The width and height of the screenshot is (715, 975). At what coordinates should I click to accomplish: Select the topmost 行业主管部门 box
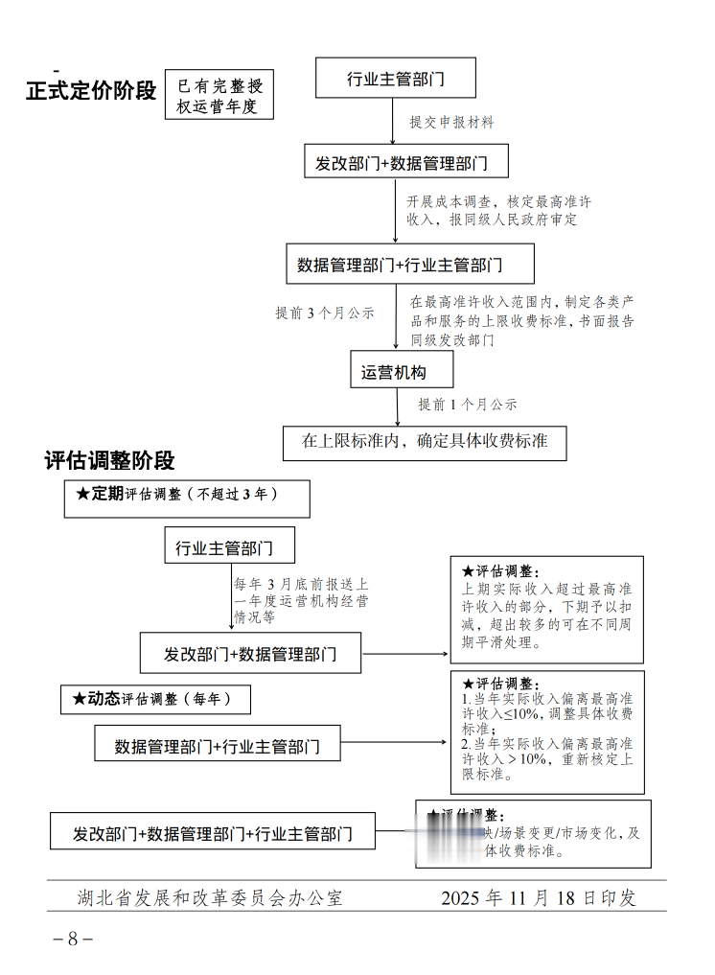[395, 79]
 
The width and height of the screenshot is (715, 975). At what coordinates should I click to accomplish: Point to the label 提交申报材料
[451, 123]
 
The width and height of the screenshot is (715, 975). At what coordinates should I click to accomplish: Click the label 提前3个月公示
[325, 313]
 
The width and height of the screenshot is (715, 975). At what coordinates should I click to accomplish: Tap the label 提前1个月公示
[467, 405]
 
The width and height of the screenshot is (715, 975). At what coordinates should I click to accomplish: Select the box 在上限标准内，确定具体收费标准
[425, 442]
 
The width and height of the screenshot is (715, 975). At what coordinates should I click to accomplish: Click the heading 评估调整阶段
[110, 461]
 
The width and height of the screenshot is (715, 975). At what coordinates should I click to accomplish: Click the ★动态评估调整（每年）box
[155, 700]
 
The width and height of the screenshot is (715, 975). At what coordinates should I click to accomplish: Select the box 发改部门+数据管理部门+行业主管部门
[213, 834]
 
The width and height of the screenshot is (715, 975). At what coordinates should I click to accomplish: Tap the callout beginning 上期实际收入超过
[546, 609]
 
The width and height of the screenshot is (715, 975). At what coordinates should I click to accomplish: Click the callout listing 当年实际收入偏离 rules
[546, 731]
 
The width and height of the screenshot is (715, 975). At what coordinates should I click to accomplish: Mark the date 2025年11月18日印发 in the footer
[539, 898]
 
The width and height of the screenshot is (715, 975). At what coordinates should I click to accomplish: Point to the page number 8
[73, 939]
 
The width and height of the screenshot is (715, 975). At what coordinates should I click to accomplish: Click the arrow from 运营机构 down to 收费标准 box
[397, 407]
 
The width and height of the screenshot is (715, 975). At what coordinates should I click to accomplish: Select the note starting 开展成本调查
[498, 211]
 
